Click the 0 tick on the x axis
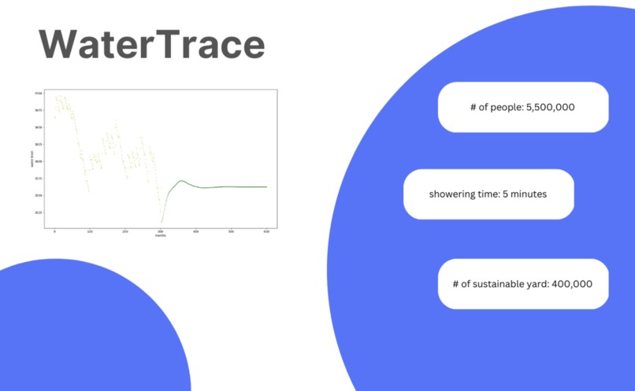pyautogui.click(x=54, y=231)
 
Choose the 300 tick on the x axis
pyautogui.click(x=161, y=231)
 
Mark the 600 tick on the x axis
pyautogui.click(x=266, y=231)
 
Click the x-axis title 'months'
pyautogui.click(x=161, y=235)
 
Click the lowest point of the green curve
pyautogui.click(x=162, y=223)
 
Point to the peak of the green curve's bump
pyautogui.click(x=182, y=181)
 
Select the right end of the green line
pyautogui.click(x=266, y=186)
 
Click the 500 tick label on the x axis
pyautogui.click(x=231, y=231)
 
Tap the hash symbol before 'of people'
pyautogui.click(x=471, y=107)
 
